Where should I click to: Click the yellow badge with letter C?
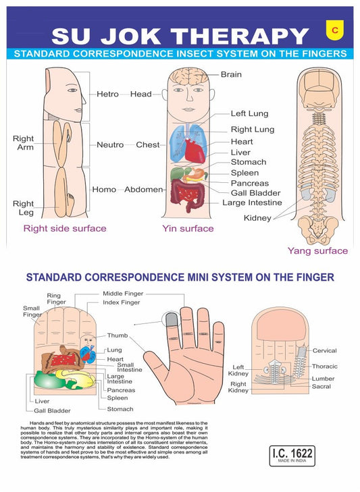[x=333, y=28]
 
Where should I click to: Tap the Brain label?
[x=230, y=74]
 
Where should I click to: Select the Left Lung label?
[x=248, y=114]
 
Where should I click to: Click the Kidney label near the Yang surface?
[x=257, y=218]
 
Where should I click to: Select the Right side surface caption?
[x=65, y=228]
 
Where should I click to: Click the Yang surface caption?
[x=317, y=250]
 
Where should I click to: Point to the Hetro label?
[x=107, y=94]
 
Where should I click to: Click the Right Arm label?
[x=24, y=142]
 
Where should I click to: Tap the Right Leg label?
[x=24, y=208]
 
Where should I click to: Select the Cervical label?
[x=324, y=351]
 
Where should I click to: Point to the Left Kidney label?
[x=238, y=370]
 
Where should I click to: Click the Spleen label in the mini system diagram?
[x=117, y=398]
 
